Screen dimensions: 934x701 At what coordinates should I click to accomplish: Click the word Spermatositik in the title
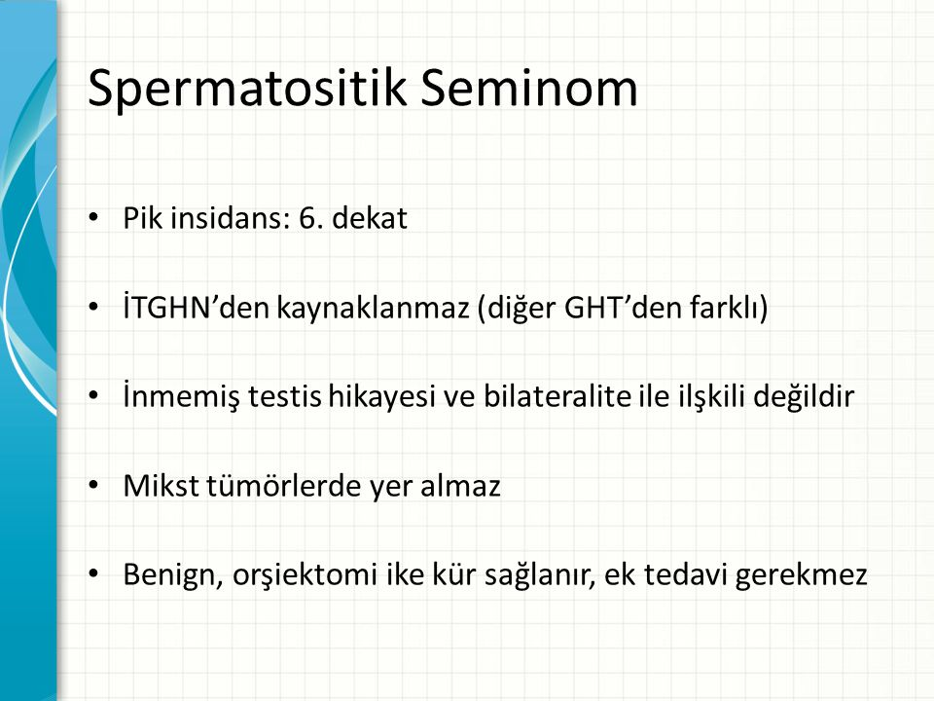click(x=248, y=89)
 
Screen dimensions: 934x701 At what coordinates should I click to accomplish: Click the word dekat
click(x=370, y=217)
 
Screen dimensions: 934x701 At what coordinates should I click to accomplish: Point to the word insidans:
click(x=230, y=217)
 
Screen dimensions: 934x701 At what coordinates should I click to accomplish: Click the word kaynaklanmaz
click(x=373, y=309)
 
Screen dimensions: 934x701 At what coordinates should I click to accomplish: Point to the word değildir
click(x=804, y=397)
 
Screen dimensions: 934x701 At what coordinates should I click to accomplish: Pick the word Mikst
click(x=161, y=485)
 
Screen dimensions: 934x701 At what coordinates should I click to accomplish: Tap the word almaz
click(x=460, y=485)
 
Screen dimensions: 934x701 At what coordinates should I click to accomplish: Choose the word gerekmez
click(x=801, y=575)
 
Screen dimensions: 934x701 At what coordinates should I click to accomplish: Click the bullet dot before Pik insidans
click(x=93, y=217)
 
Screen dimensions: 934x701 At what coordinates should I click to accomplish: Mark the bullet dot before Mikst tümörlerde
click(x=93, y=485)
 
